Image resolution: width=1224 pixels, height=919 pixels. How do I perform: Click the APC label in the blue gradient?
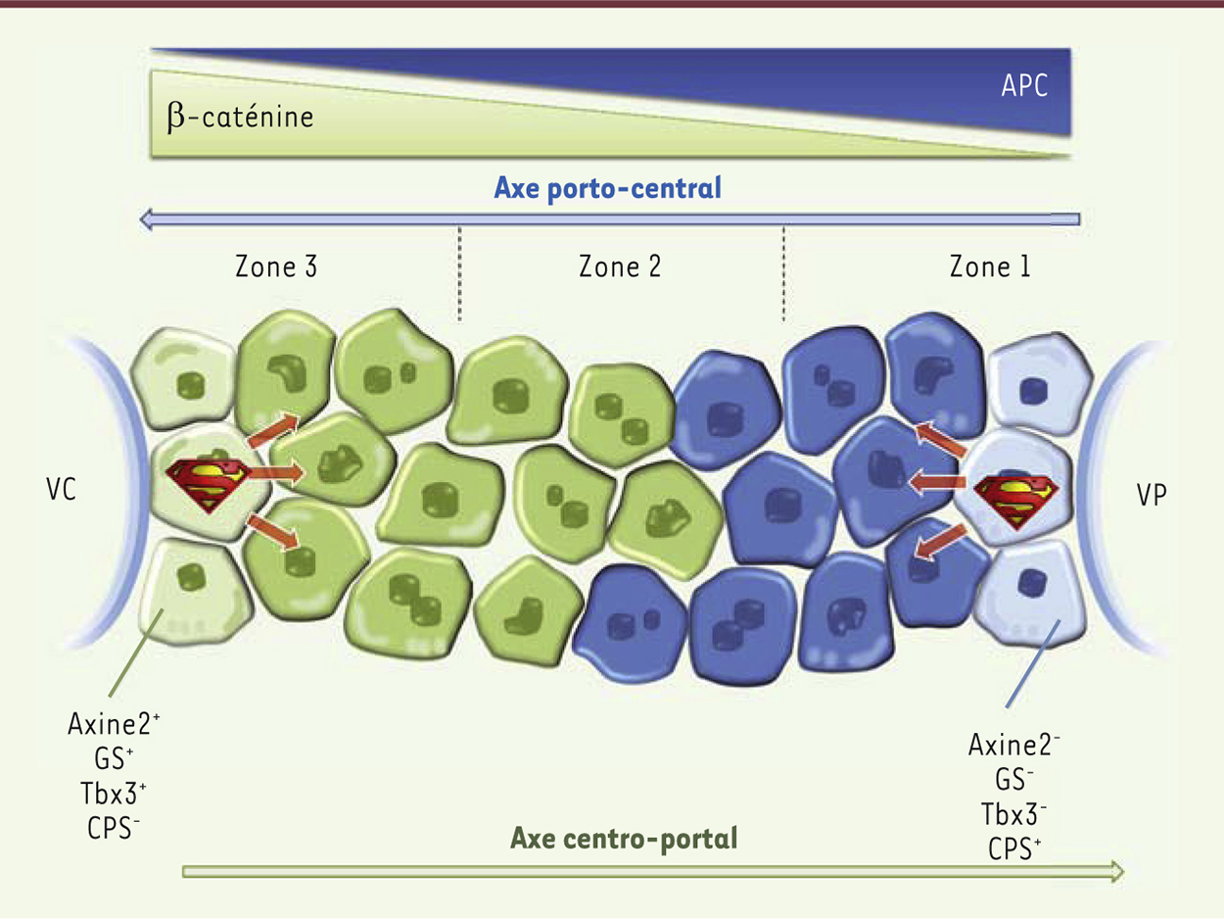point(1024,85)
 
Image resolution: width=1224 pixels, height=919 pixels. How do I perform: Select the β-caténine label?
point(240,118)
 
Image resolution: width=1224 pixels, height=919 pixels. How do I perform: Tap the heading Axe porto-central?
point(608,187)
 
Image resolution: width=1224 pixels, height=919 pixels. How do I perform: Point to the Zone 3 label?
point(276,266)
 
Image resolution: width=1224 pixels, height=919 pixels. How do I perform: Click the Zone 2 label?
point(620,266)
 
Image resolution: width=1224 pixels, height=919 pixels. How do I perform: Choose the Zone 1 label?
point(990,266)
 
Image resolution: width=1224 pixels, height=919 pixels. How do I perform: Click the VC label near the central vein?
point(61,489)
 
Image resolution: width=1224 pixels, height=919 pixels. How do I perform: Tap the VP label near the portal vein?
point(1152,495)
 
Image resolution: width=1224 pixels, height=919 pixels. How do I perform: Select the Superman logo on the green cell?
point(208,484)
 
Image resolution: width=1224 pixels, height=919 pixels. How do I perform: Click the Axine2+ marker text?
point(114,724)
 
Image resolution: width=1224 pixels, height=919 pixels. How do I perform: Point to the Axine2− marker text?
point(1013,745)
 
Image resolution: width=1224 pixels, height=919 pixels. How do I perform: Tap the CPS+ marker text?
point(1014,849)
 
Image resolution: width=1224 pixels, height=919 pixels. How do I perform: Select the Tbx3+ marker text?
point(114,793)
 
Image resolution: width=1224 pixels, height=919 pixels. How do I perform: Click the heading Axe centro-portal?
point(624,838)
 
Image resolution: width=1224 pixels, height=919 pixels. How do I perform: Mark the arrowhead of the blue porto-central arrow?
point(145,219)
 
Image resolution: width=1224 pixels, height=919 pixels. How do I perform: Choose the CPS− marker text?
point(114,828)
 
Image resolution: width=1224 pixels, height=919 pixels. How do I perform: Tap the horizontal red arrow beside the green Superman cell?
point(275,473)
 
